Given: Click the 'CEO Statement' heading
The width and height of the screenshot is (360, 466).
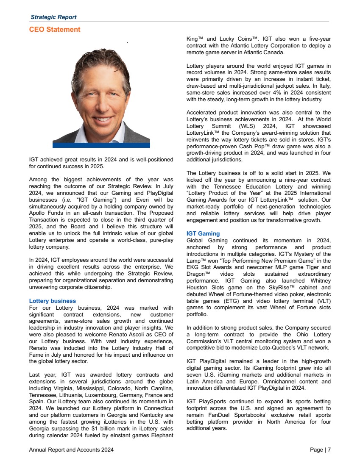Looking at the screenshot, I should click(55, 30).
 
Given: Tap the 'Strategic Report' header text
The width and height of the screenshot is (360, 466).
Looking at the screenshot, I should click(54, 17).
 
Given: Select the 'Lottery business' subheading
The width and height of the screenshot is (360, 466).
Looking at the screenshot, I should click(53, 301).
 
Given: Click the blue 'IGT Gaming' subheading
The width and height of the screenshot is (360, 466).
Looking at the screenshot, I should click(203, 233).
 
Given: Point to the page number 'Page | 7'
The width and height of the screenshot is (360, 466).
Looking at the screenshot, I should click(321, 450).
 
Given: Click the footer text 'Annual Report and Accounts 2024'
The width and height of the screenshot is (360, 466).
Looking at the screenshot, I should click(71, 450).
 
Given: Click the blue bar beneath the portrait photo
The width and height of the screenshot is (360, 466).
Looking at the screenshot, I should click(101, 145).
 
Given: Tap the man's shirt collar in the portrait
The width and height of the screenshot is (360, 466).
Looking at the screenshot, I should click(89, 129).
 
